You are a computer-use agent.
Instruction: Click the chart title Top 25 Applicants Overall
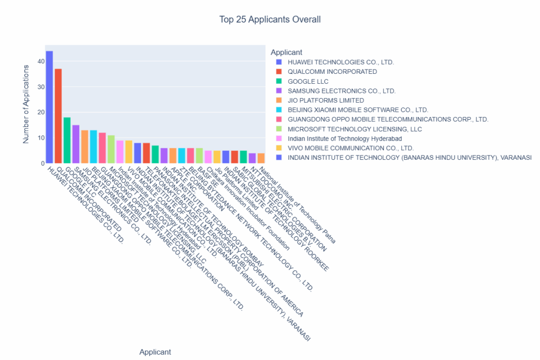tap(270, 20)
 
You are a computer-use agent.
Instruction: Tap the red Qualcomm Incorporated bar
tap(58, 116)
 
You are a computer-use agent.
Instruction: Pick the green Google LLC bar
tap(67, 140)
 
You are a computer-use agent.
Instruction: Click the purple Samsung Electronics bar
tap(76, 144)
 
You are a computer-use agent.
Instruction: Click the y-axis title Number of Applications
tap(26, 104)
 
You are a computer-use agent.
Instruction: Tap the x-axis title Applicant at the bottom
tap(155, 352)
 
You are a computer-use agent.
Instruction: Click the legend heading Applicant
tap(286, 52)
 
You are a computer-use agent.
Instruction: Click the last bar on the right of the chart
tap(261, 158)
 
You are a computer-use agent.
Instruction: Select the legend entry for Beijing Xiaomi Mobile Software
tap(361, 110)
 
